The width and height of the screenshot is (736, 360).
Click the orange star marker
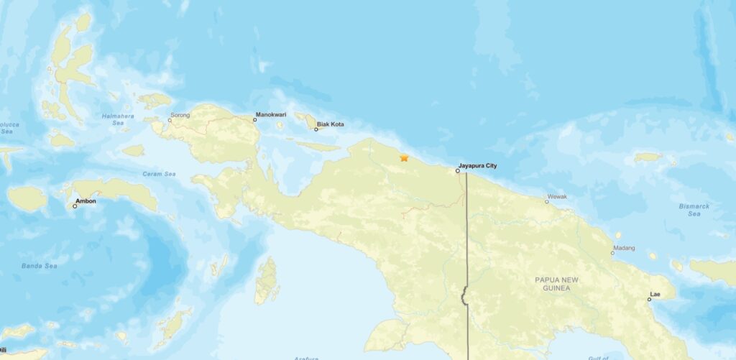[x=404, y=157]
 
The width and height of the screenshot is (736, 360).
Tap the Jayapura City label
[x=477, y=166]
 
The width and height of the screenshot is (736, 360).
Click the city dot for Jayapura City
[x=458, y=171]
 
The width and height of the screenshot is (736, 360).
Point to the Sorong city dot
[x=170, y=120]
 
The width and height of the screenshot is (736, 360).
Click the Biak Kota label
[x=331, y=124]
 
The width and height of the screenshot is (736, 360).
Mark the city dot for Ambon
[x=75, y=206]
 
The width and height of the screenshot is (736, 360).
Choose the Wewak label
[x=558, y=196]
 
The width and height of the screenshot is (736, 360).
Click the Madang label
[x=623, y=249]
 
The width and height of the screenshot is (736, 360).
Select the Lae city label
[x=655, y=294]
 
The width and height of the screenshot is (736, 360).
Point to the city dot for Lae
[x=649, y=300]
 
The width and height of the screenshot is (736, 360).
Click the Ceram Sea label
[x=159, y=174]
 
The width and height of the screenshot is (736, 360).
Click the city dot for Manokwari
[x=254, y=120]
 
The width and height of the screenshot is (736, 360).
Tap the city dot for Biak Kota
[x=316, y=129]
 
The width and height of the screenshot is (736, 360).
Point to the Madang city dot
[x=613, y=253]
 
